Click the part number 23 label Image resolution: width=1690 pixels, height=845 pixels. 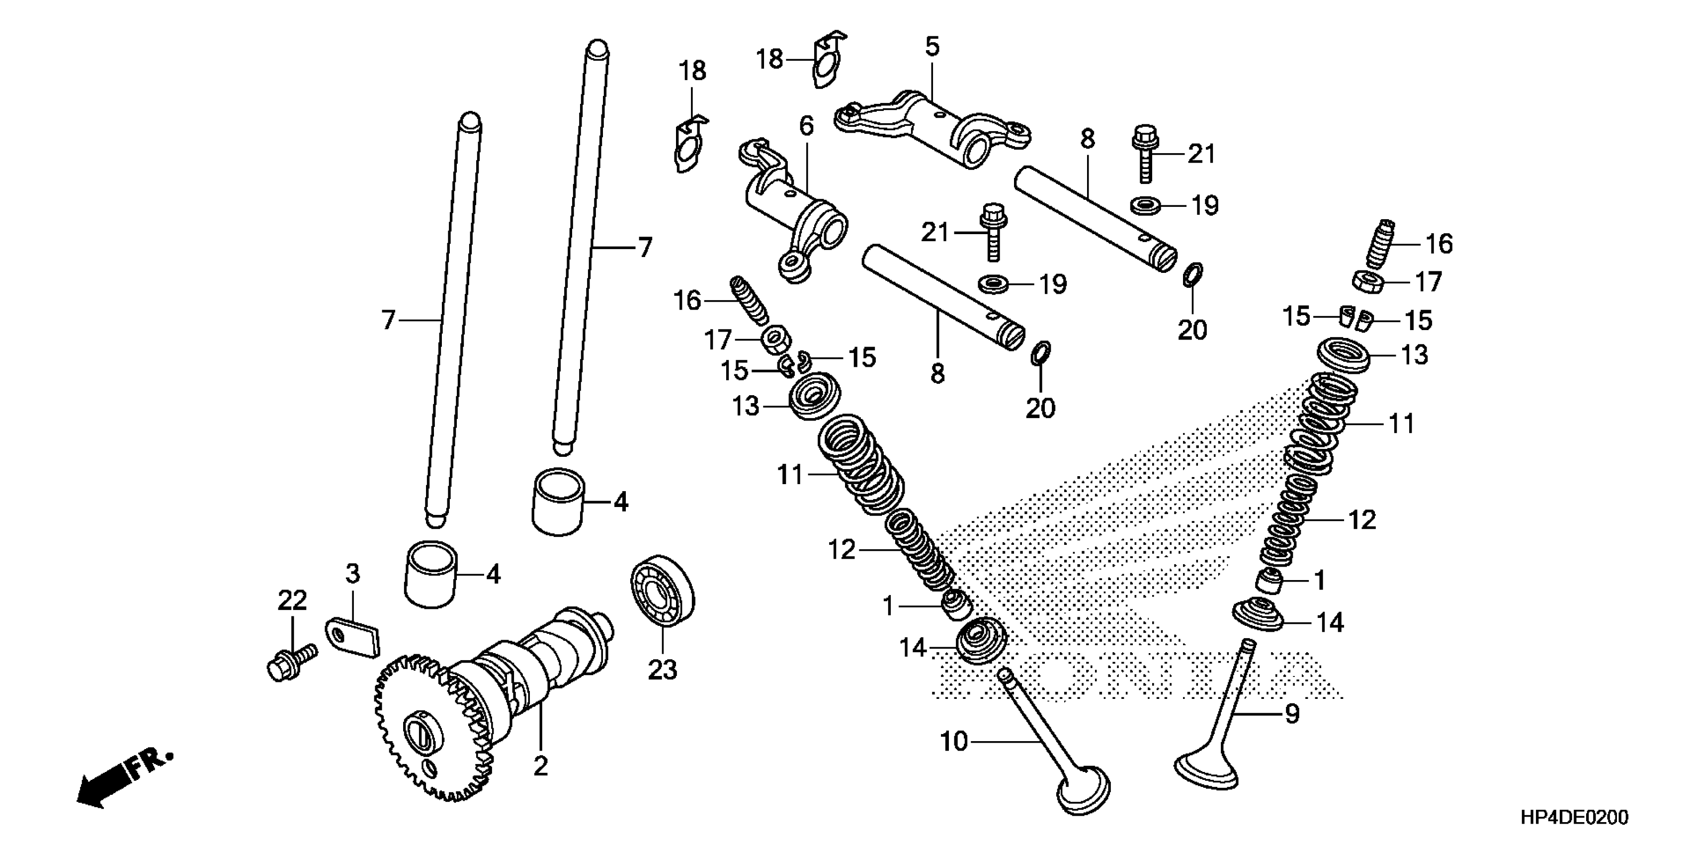[x=662, y=670]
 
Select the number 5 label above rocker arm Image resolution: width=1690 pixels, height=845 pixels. [x=932, y=47]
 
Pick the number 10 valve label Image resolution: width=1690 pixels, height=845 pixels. [x=954, y=742]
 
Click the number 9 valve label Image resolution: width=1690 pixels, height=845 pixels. [x=1292, y=714]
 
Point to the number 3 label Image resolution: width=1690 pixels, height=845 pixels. [x=353, y=574]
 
